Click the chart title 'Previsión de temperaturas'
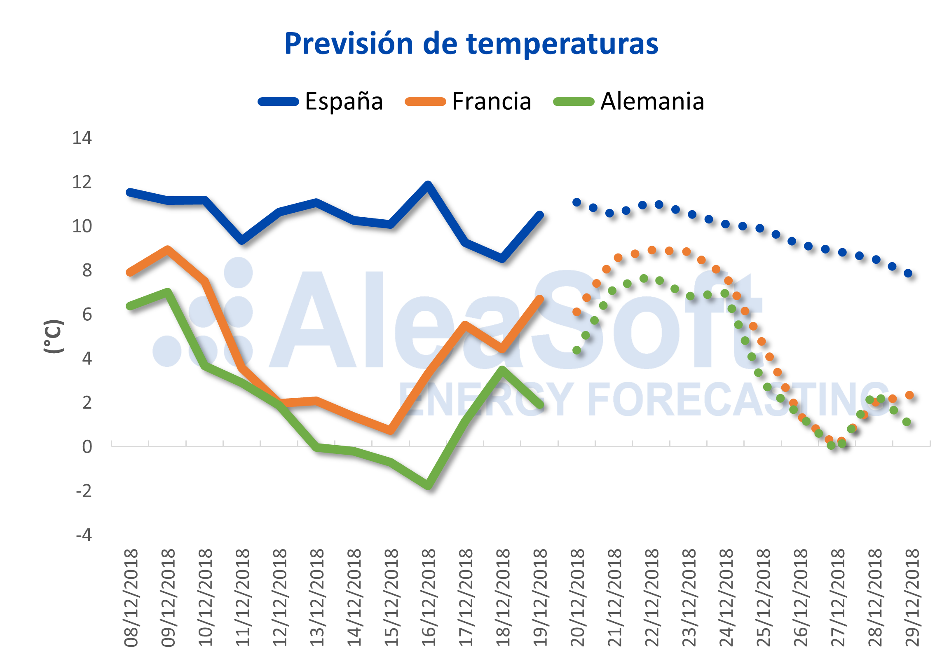[471, 44]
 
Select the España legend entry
[321, 101]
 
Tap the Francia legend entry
[468, 101]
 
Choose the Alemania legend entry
[628, 101]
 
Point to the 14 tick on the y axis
[82, 138]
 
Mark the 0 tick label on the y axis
[87, 446]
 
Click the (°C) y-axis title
[53, 336]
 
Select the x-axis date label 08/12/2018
[131, 598]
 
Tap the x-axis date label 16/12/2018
[429, 598]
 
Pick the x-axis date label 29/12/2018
[912, 598]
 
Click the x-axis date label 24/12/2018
[726, 598]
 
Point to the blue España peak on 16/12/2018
[428, 184]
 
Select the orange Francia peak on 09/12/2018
[167, 249]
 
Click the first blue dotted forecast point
[576, 202]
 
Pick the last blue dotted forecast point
[908, 273]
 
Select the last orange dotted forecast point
[909, 395]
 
